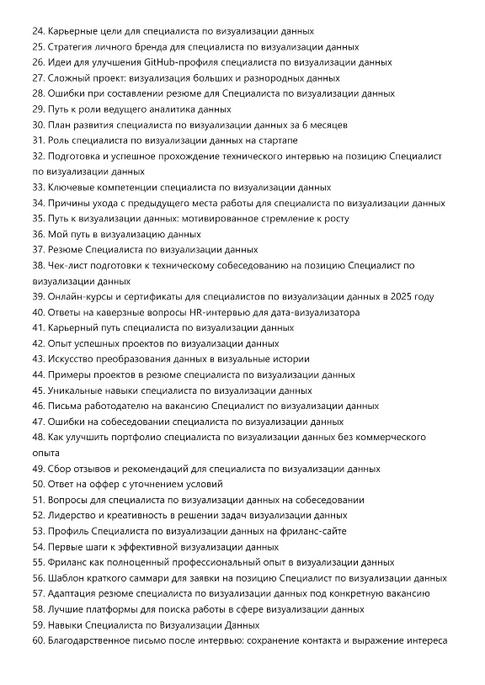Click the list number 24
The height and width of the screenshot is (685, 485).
(x=38, y=30)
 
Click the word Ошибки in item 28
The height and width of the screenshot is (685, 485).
(x=67, y=93)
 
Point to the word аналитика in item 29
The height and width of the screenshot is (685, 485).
(x=173, y=109)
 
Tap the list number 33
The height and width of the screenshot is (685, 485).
(x=38, y=188)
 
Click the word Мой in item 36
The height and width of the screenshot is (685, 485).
(x=59, y=234)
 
